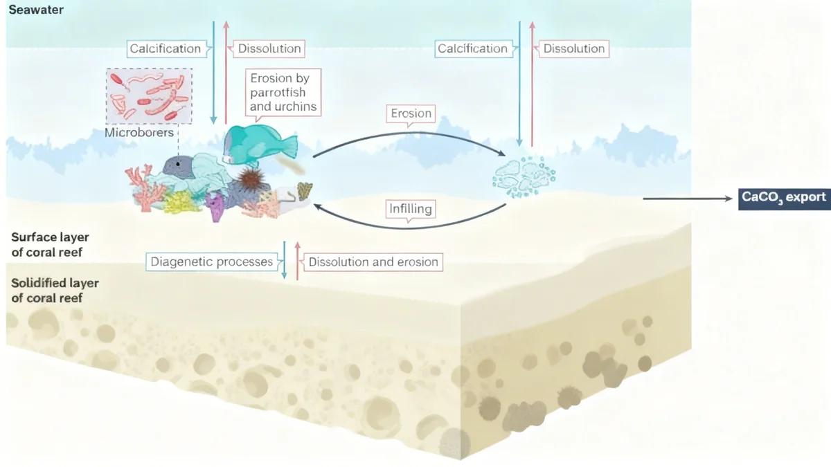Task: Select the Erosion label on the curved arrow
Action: point(411,113)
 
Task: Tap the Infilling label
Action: point(411,208)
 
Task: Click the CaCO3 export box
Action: point(784,198)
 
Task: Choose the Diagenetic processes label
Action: point(212,262)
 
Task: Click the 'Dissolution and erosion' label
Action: point(373,262)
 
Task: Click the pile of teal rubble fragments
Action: point(524,176)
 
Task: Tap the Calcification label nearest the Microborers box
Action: point(165,48)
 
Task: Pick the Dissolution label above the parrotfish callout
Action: point(269,48)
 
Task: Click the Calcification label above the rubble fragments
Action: point(472,48)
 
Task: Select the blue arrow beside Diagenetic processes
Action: point(285,261)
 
